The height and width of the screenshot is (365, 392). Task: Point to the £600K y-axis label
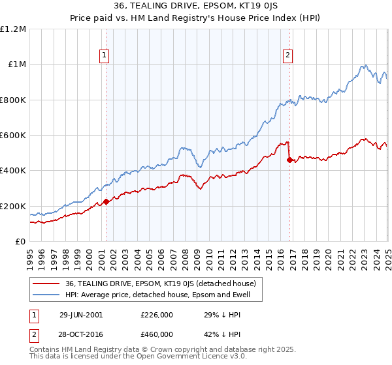pos(14,136)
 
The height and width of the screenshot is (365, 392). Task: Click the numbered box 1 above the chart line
pos(105,56)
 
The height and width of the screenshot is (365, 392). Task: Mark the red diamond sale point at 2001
pos(106,202)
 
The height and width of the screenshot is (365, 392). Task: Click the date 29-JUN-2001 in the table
pos(80,314)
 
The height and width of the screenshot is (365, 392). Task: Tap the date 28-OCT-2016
pos(80,334)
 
